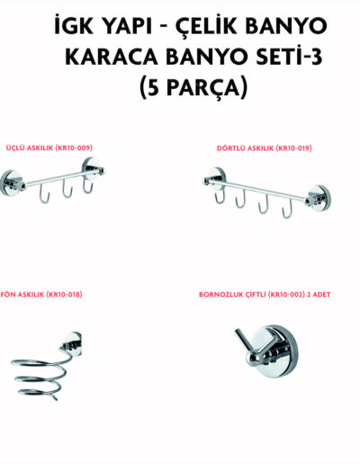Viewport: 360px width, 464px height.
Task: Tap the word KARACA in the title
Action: point(112,57)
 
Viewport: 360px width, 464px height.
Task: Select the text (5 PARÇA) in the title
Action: point(193,87)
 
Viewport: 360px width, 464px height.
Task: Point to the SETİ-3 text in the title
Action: point(289,57)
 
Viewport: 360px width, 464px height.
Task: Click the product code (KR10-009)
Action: point(72,147)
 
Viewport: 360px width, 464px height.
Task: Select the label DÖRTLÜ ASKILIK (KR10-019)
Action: point(265,148)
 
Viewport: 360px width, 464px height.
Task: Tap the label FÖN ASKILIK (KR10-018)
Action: point(41,294)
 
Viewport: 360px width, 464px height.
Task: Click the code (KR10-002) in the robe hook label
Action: point(283,294)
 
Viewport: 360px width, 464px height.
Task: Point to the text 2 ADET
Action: point(319,294)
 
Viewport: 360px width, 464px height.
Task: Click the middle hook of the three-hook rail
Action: point(67,190)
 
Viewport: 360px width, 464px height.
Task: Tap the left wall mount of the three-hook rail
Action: point(12,183)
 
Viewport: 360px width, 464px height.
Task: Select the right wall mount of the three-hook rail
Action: point(94,170)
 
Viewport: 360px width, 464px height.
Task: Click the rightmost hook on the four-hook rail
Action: point(287,209)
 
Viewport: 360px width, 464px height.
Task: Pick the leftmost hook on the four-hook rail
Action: point(220,195)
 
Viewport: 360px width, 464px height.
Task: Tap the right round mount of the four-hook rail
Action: point(319,199)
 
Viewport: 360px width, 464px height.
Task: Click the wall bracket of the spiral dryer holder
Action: point(73,343)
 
